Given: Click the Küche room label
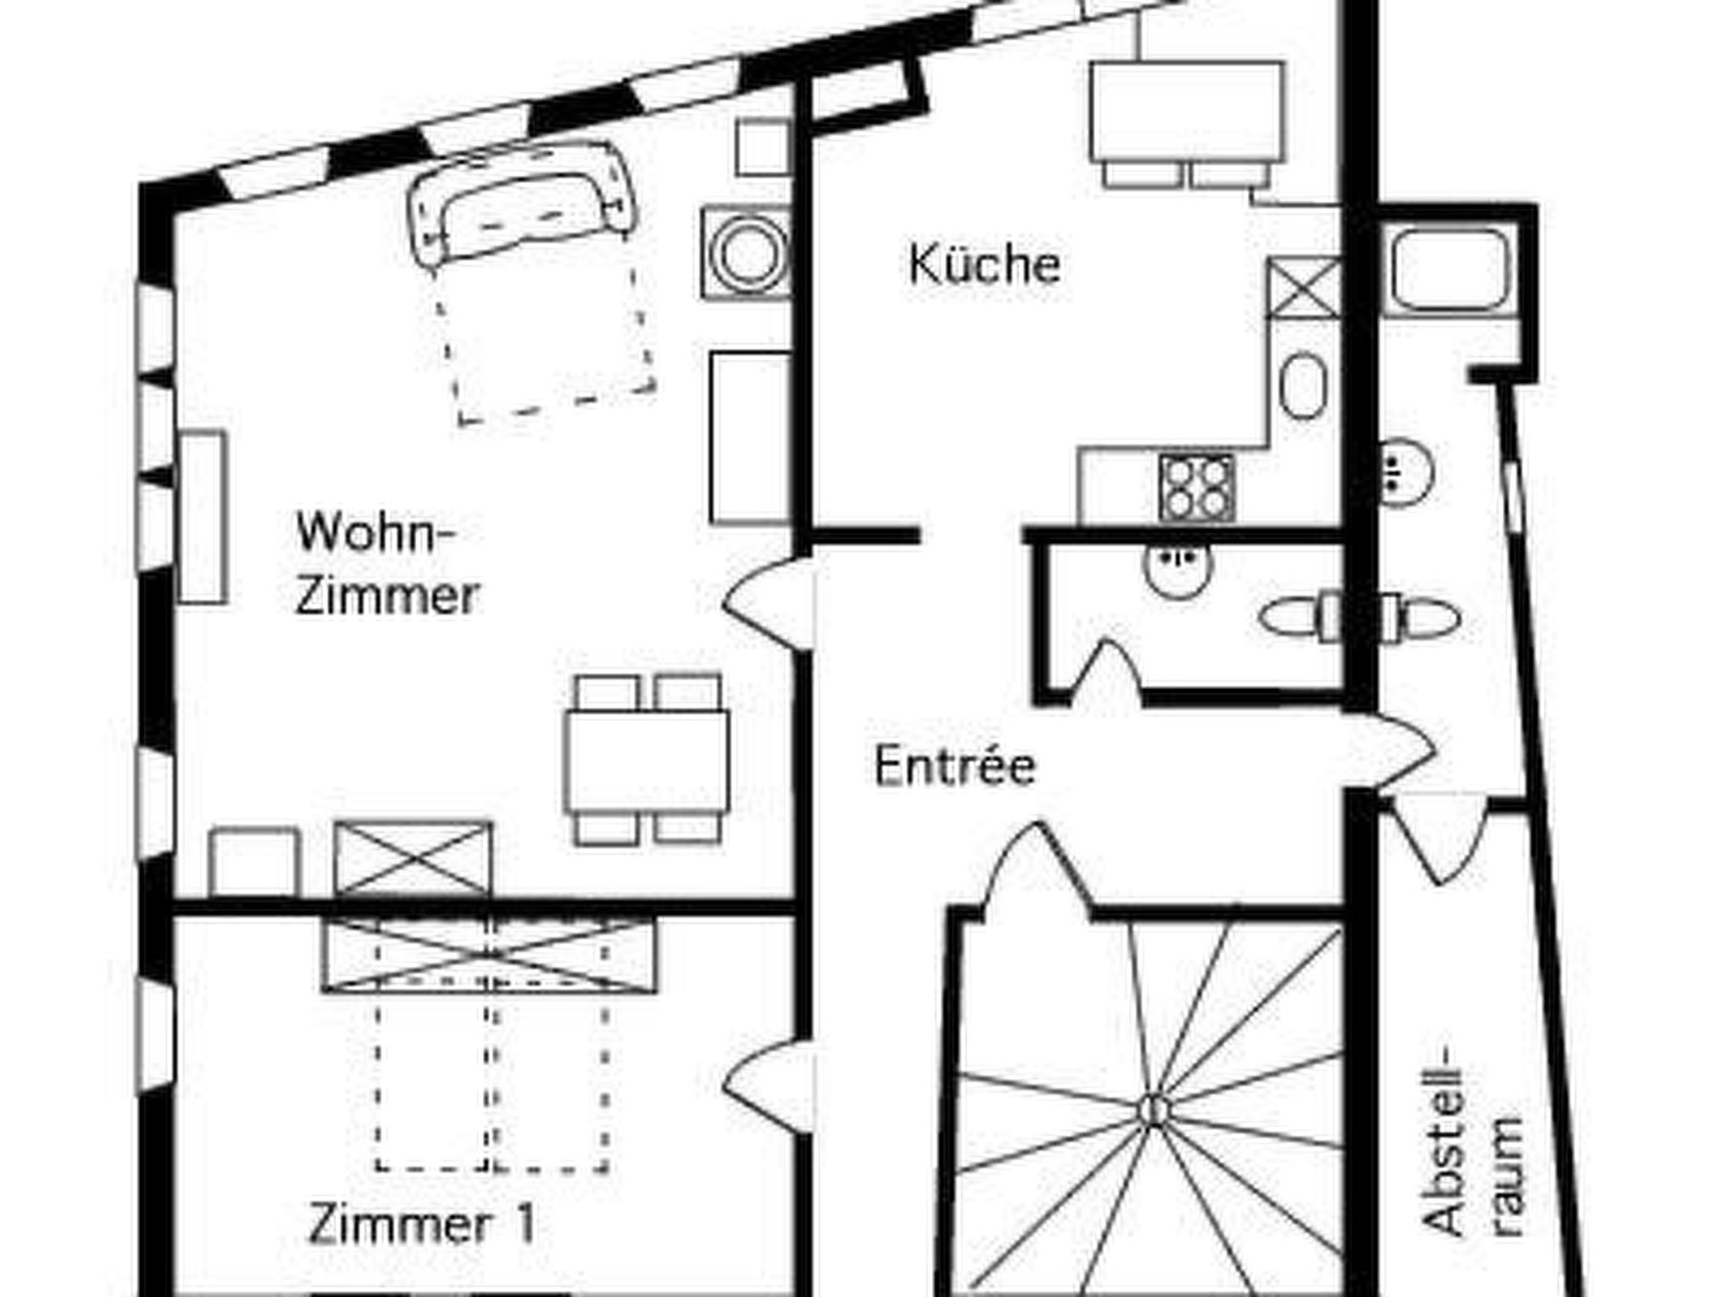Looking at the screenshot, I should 984,264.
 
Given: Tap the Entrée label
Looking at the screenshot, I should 954,767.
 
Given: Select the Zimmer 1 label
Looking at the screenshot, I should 421,1224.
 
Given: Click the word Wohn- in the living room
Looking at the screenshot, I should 376,533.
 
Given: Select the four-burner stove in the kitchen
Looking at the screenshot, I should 1195,488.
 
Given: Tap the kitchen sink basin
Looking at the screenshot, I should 1304,385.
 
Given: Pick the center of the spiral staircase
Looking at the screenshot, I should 1152,1110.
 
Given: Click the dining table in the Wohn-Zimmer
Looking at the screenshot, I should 647,761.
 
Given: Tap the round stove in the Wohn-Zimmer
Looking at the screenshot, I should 745,253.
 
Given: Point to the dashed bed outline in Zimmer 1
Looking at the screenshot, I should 492,1081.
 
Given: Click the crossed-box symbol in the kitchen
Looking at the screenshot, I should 1304,288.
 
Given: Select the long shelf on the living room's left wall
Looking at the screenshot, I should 203,517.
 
